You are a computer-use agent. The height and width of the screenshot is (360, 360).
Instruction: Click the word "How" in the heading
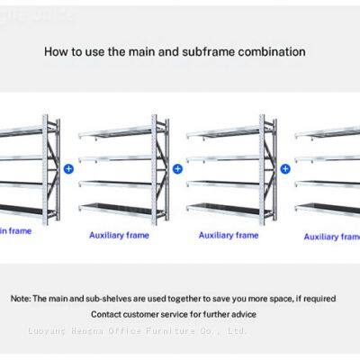click(x=56, y=52)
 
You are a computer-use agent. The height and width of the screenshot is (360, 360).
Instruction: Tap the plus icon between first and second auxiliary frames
click(x=177, y=167)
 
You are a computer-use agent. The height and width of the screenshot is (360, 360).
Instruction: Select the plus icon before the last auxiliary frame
click(x=285, y=167)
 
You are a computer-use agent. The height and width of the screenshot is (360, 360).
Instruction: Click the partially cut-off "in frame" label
click(x=16, y=230)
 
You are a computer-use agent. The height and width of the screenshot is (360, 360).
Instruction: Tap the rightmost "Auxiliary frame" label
click(x=331, y=237)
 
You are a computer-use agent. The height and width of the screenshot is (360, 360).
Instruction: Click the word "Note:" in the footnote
click(x=21, y=297)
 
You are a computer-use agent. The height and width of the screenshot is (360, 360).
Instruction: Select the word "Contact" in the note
click(x=109, y=314)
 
